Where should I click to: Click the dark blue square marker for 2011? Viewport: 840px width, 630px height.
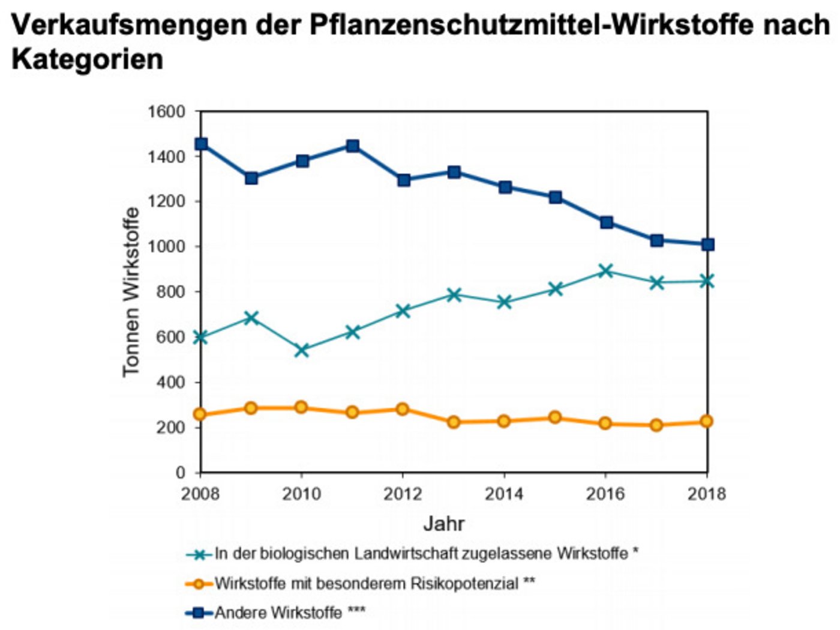click(353, 146)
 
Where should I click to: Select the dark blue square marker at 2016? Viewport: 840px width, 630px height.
click(607, 223)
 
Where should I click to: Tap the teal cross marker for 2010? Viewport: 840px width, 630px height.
click(302, 350)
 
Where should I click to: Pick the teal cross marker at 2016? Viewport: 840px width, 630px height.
click(606, 271)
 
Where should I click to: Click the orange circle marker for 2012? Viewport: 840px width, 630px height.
click(403, 409)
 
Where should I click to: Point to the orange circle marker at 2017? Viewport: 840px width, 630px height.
click(656, 425)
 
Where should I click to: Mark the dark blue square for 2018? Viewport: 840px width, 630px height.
click(708, 244)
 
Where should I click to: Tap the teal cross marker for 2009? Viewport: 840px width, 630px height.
click(251, 317)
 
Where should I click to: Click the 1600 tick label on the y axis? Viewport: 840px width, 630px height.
click(166, 112)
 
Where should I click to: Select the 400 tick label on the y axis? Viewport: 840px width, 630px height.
click(171, 383)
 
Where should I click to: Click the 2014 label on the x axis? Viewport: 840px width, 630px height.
click(504, 494)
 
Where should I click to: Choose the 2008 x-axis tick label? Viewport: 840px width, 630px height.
click(200, 494)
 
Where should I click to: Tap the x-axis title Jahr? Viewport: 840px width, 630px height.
click(444, 523)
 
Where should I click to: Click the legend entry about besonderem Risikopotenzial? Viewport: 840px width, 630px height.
click(374, 583)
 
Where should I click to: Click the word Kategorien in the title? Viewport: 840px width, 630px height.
click(88, 59)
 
